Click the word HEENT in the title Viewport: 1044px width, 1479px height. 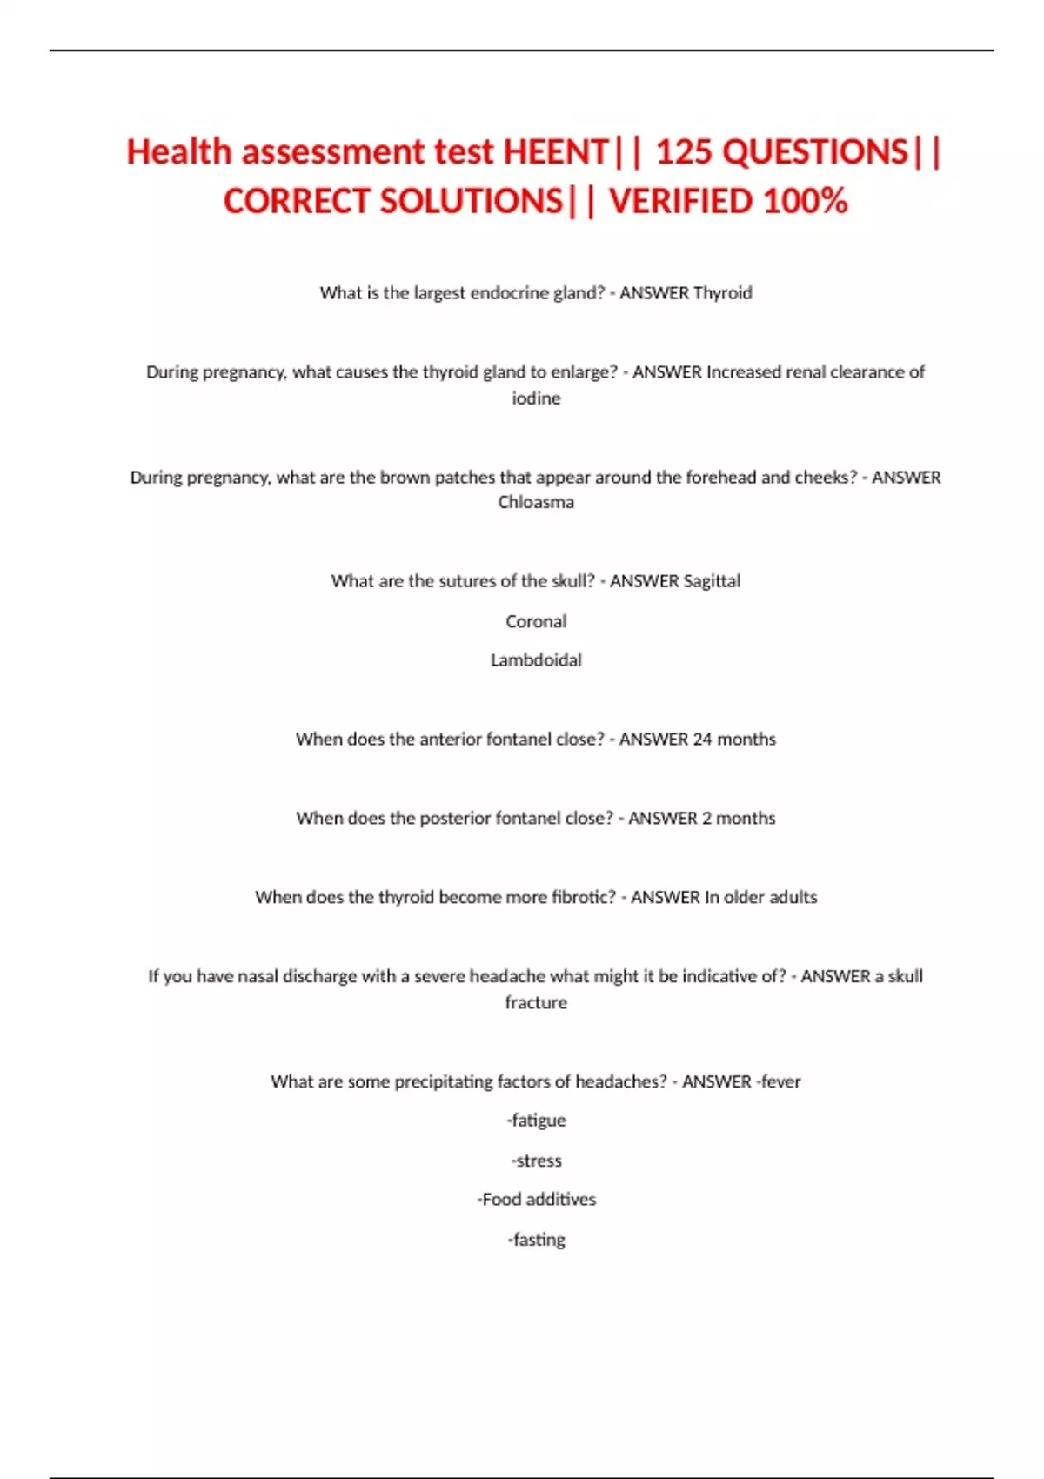pyautogui.click(x=556, y=152)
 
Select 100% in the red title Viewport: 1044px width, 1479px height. pyautogui.click(x=805, y=201)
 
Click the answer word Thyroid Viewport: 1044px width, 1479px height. pyautogui.click(x=722, y=293)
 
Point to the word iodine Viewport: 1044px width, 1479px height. pyautogui.click(x=536, y=398)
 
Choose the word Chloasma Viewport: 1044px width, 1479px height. pyautogui.click(x=536, y=502)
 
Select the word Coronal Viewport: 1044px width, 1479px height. pyautogui.click(x=536, y=621)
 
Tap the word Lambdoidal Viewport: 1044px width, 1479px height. pyautogui.click(x=536, y=660)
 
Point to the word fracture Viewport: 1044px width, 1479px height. pyautogui.click(x=536, y=1002)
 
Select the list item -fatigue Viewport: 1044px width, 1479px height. pyautogui.click(x=536, y=1121)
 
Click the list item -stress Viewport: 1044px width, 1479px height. pyautogui.click(x=536, y=1161)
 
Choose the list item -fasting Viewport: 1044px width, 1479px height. pyautogui.click(x=536, y=1240)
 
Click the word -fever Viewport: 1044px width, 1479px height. pyautogui.click(x=778, y=1081)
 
